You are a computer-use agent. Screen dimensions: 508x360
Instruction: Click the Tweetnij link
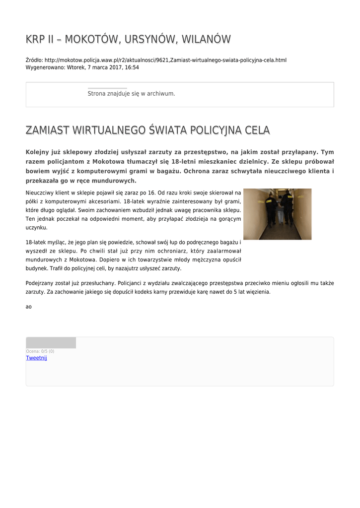point(36,358)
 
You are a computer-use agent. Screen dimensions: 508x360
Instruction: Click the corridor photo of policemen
point(277,214)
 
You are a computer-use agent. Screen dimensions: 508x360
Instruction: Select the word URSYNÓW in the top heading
point(152,39)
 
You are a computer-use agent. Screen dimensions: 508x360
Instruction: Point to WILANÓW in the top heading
point(207,39)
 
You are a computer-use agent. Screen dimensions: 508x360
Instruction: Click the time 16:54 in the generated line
point(132,67)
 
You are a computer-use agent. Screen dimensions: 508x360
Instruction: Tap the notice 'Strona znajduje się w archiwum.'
point(131,93)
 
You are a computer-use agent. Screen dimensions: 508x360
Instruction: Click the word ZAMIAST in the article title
point(47,130)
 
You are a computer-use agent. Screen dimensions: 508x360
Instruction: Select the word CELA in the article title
point(256,130)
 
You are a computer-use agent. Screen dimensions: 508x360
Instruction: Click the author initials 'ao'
point(29,307)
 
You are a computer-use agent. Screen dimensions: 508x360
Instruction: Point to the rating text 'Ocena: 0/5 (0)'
point(40,351)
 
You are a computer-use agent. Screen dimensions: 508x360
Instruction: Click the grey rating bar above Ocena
point(51,343)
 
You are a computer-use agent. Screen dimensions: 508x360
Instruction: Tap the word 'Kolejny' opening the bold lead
point(39,152)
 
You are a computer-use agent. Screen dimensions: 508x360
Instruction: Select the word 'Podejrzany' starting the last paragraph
point(39,283)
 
